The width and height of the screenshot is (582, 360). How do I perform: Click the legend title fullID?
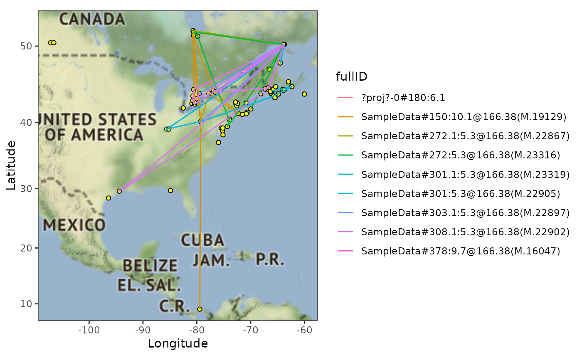coord(351,76)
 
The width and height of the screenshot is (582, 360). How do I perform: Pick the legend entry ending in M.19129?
coord(464,117)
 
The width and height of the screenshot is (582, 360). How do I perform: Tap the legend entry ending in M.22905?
coord(461,194)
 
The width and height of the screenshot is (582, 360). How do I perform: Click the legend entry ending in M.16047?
coord(461,251)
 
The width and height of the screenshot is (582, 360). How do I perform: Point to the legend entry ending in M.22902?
coord(465,232)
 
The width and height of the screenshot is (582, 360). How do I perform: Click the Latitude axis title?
coord(11,165)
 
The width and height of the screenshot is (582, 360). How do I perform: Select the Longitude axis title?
coord(178,343)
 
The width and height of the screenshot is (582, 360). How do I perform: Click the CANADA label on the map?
coord(92,19)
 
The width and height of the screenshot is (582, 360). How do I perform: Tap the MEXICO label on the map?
coord(74,225)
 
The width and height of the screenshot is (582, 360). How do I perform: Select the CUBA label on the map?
coord(202,240)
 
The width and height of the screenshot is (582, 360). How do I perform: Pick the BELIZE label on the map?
coord(150,265)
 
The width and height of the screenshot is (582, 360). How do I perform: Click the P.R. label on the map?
coord(270,259)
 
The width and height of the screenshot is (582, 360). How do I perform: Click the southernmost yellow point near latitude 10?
coord(200,309)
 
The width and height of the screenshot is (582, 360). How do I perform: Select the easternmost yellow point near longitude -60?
coord(304,94)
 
